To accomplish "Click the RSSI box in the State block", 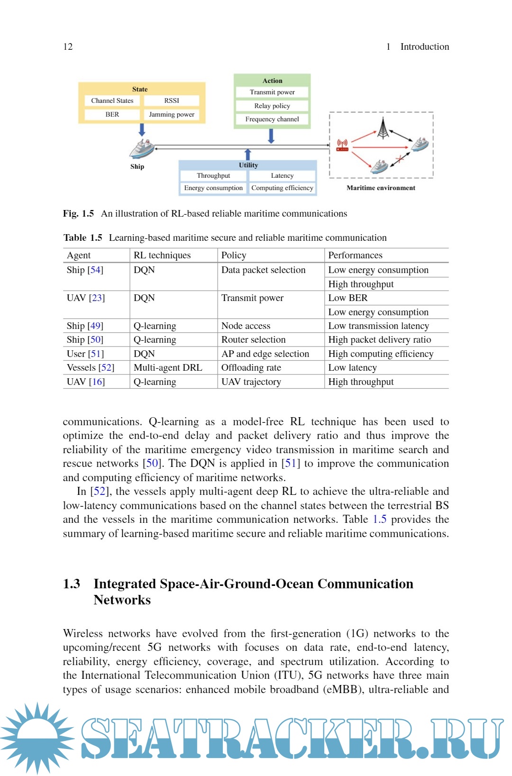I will [x=172, y=100].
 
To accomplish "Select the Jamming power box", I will [x=172, y=114].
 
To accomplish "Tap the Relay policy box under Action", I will [x=272, y=106].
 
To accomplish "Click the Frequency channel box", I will [x=272, y=119].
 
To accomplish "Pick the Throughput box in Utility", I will [x=213, y=175].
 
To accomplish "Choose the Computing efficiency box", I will [x=282, y=188].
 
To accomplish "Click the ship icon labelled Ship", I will [x=141, y=149].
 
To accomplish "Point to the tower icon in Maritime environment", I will [x=383, y=128].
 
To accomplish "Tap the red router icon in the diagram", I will [x=342, y=145].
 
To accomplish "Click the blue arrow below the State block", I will [x=142, y=129].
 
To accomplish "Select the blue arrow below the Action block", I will [x=271, y=136].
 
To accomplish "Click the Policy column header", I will [x=234, y=255].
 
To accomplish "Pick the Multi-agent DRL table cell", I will [x=168, y=367].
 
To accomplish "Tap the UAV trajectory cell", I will [x=251, y=382].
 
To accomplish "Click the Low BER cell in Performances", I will [x=348, y=298].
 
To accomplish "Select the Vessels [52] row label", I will [x=91, y=367].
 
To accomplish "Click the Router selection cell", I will [x=254, y=339].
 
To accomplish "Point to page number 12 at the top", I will [x=68, y=46].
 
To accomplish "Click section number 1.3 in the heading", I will [x=72, y=584].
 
